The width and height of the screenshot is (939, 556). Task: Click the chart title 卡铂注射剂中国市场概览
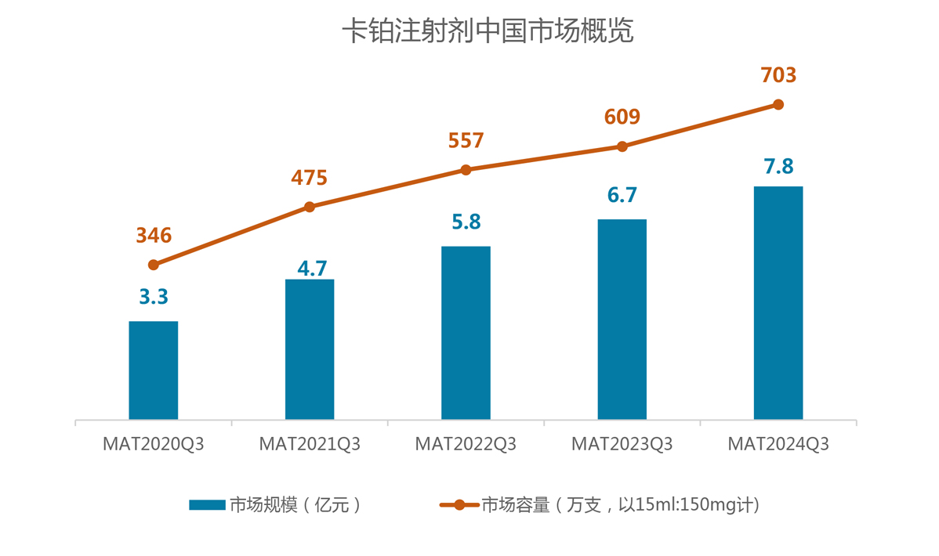point(488,31)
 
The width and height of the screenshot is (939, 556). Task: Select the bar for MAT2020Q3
point(154,370)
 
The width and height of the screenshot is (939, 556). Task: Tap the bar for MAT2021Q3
point(310,349)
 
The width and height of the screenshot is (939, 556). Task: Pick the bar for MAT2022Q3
point(466,333)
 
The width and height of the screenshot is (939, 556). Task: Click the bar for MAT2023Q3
point(622,320)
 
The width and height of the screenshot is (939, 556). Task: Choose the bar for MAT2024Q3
point(778,303)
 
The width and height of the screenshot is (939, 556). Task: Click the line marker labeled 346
point(154,265)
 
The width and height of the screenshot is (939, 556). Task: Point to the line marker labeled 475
point(310,207)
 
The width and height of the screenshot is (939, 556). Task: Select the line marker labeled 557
point(466,170)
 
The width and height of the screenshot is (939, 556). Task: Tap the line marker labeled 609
point(622,146)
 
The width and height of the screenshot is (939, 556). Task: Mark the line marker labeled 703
point(778,104)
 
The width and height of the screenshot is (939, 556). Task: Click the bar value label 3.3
point(154,298)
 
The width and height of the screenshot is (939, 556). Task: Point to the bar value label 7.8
point(778,166)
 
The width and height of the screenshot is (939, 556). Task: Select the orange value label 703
point(778,75)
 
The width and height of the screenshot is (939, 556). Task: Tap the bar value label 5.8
point(466,222)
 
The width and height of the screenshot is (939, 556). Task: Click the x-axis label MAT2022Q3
point(466,445)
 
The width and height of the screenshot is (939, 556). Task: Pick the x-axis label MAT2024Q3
point(778,445)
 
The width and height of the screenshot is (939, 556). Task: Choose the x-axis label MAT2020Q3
point(154,445)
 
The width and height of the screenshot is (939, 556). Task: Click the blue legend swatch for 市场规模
point(207,505)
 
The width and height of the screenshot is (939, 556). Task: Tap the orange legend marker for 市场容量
point(459,505)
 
